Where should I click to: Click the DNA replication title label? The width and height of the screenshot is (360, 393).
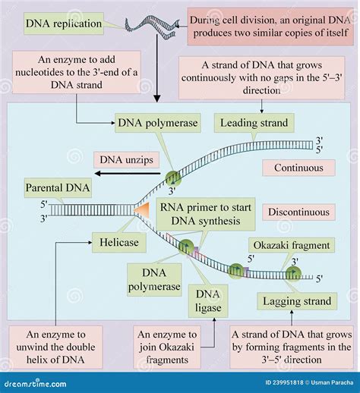click(x=63, y=24)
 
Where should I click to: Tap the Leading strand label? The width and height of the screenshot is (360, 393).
click(x=254, y=122)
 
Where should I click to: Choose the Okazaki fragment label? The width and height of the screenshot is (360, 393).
click(x=289, y=245)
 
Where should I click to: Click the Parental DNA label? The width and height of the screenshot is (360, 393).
click(x=57, y=187)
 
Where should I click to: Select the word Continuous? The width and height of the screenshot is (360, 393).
click(x=298, y=168)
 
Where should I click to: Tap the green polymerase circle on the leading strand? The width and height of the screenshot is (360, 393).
click(x=174, y=178)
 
